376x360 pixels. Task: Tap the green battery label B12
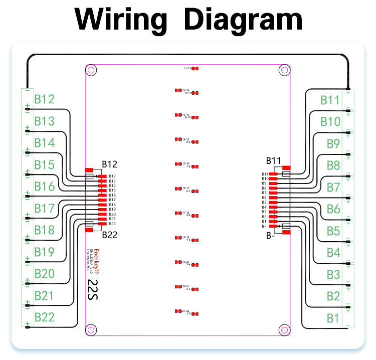click(44, 99)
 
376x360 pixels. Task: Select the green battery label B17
click(44, 208)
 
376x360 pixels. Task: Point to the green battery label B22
click(44, 317)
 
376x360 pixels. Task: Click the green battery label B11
click(330, 99)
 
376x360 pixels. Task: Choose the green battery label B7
click(333, 187)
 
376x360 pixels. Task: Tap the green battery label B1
click(333, 318)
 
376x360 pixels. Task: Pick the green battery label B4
click(333, 253)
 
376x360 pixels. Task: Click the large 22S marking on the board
click(93, 289)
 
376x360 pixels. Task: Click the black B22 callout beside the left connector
click(109, 234)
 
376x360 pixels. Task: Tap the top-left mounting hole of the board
click(91, 71)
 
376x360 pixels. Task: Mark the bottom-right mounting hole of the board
click(284, 329)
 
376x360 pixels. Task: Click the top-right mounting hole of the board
click(284, 71)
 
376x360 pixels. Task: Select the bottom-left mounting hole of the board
click(91, 329)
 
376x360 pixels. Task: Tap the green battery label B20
click(44, 274)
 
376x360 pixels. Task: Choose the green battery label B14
click(44, 143)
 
